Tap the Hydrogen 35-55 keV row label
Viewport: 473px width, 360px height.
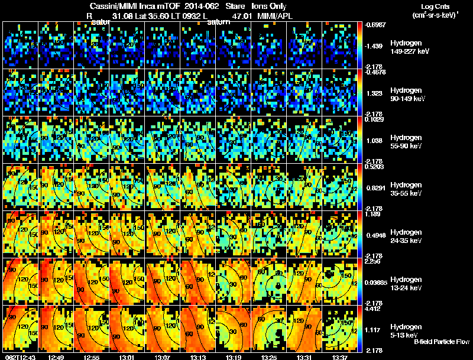click(x=407, y=189)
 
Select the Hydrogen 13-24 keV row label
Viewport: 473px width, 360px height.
click(x=407, y=283)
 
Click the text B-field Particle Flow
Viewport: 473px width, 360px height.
click(x=441, y=342)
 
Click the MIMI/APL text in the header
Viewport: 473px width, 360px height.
click(x=275, y=15)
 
